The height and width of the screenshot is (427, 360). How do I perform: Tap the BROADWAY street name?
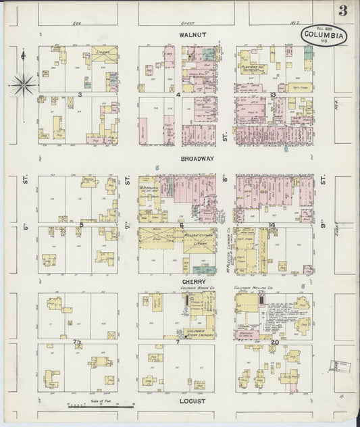coord(197,159)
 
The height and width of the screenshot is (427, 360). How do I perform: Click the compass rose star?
coord(23,84)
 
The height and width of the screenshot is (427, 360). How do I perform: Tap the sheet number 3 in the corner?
coord(344,11)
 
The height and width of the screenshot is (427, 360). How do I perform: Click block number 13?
coord(272,95)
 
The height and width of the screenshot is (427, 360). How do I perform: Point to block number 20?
coord(274,342)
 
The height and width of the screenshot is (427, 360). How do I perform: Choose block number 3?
coord(80,95)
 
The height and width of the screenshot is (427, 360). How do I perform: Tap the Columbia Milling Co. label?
coord(253,287)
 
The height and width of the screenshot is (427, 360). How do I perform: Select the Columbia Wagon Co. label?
coord(178,288)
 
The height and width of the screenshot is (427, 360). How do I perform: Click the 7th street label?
coord(126,181)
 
